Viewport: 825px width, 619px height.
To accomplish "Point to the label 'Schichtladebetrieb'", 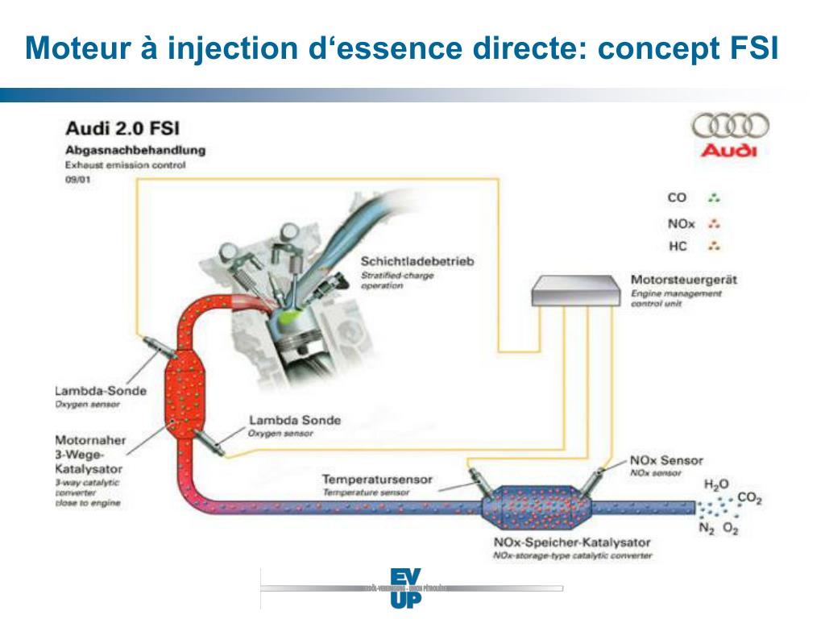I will (417, 262).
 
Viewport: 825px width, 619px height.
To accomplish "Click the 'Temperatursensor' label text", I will (377, 480).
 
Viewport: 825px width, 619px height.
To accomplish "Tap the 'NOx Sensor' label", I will (665, 460).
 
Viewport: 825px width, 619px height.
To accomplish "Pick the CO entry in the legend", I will (677, 197).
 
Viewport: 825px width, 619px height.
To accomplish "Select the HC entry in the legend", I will (677, 245).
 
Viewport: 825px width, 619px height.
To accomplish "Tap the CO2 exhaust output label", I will (749, 499).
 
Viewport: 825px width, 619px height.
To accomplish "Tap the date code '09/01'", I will (77, 180).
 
